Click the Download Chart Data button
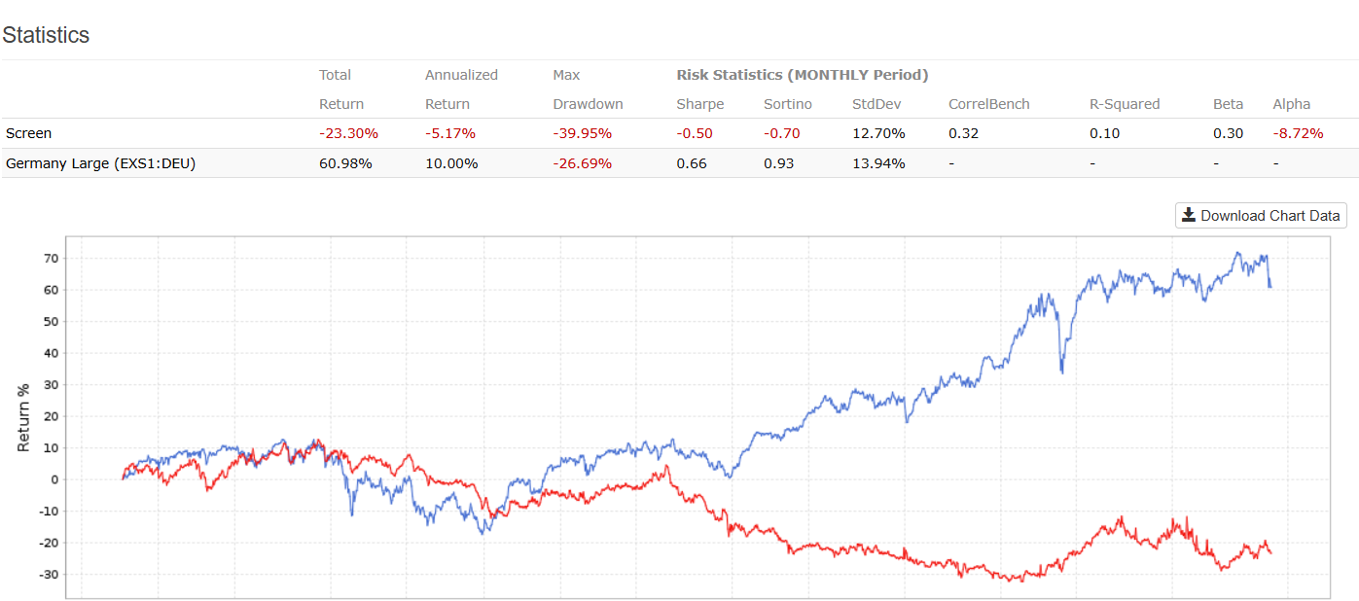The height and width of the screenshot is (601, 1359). point(1261,216)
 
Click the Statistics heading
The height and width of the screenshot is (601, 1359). point(46,35)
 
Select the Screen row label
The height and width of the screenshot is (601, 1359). point(29,133)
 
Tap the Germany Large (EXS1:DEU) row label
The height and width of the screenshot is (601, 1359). point(100,163)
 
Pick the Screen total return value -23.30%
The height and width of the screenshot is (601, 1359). point(348,133)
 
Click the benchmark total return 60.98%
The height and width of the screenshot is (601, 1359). point(346,163)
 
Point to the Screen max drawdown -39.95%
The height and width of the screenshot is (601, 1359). point(582,133)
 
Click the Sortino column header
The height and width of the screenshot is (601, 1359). point(788,104)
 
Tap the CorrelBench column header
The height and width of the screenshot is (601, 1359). point(989,104)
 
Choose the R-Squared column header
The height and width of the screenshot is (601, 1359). point(1125,104)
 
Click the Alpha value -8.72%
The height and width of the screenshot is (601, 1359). point(1298,133)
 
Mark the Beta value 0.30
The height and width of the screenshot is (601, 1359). point(1228,133)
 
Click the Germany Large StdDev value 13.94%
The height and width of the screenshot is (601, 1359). point(878,163)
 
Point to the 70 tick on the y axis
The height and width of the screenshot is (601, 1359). point(51,259)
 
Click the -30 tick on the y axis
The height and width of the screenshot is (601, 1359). point(48,575)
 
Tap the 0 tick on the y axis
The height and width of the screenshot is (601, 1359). point(54,479)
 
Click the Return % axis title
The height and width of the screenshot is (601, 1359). point(24,416)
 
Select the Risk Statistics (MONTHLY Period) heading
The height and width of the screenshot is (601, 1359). point(803,75)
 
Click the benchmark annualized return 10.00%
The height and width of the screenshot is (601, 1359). point(451,163)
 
